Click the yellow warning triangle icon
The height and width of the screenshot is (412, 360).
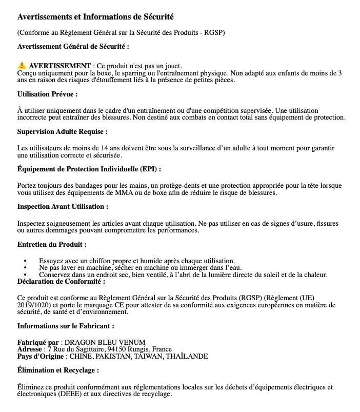click(22, 66)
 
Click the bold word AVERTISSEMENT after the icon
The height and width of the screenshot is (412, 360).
click(59, 66)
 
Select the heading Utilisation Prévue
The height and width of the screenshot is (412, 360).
click(47, 94)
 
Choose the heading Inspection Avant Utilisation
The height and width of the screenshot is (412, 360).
click(63, 206)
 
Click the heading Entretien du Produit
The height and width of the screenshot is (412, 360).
click(52, 244)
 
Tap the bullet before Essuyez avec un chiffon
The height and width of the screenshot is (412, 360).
click(26, 261)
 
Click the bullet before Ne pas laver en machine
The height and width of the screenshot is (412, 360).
click(26, 268)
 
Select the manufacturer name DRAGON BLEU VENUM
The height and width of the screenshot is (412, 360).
click(105, 342)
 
